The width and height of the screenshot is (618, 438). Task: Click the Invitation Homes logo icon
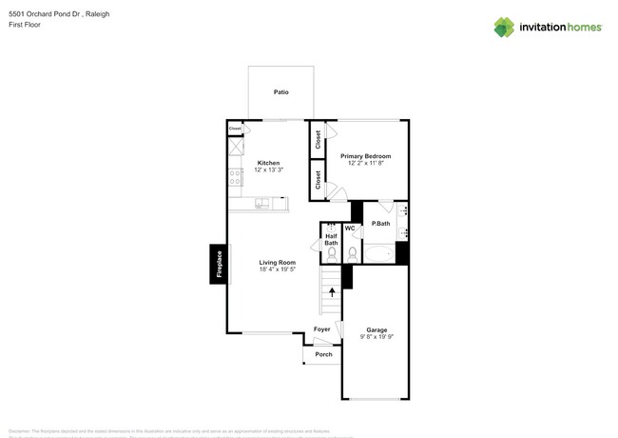tap(504, 27)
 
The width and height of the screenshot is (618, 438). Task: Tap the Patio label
tap(281, 92)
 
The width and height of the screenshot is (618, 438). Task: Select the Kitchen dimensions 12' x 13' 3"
tap(268, 170)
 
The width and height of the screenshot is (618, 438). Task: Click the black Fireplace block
tap(219, 264)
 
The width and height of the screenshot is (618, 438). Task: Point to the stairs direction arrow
tap(332, 292)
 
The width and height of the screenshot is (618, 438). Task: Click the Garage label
tap(377, 330)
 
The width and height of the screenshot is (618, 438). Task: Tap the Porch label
tap(323, 354)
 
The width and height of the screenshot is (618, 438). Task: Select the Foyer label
tap(322, 329)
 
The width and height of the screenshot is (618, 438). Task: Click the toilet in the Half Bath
tap(331, 254)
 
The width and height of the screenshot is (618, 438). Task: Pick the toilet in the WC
tap(352, 253)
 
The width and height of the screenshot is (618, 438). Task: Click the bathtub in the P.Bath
tap(378, 254)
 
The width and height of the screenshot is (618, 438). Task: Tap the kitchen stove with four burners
tap(234, 177)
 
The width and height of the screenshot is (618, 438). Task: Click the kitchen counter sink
tap(261, 203)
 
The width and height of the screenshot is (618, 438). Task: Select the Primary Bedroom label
tap(365, 155)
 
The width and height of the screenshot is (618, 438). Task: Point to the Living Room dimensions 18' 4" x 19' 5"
tap(278, 269)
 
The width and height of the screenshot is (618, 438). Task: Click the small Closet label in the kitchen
tap(235, 127)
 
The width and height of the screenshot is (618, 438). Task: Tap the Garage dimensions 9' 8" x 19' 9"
tap(377, 337)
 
